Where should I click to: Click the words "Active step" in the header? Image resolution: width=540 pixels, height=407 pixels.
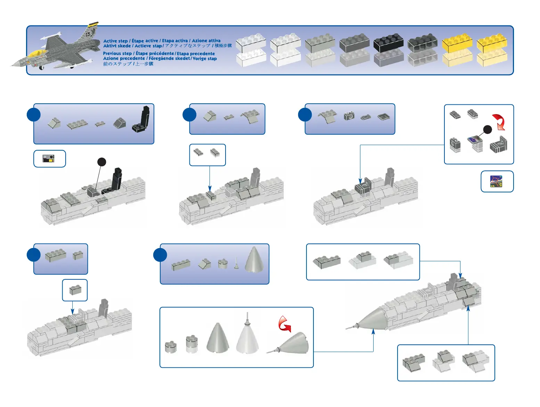point(115,41)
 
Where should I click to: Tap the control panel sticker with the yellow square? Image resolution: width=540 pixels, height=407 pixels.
point(49,159)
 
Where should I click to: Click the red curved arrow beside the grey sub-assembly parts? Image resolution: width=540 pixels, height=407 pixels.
point(499,122)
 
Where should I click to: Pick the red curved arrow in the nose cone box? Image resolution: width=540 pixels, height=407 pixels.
point(285,324)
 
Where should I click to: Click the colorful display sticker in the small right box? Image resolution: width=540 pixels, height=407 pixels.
point(496,181)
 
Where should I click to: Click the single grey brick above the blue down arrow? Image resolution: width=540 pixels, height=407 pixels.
point(75,290)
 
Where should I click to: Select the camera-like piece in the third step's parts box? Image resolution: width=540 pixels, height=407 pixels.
point(349,116)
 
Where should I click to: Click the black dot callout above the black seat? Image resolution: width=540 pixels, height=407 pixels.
point(101,162)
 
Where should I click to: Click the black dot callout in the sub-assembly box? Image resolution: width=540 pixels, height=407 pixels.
point(488,130)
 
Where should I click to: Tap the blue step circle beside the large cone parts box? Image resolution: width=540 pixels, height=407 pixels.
point(160,255)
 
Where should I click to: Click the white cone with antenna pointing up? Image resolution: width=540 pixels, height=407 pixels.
point(247,336)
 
